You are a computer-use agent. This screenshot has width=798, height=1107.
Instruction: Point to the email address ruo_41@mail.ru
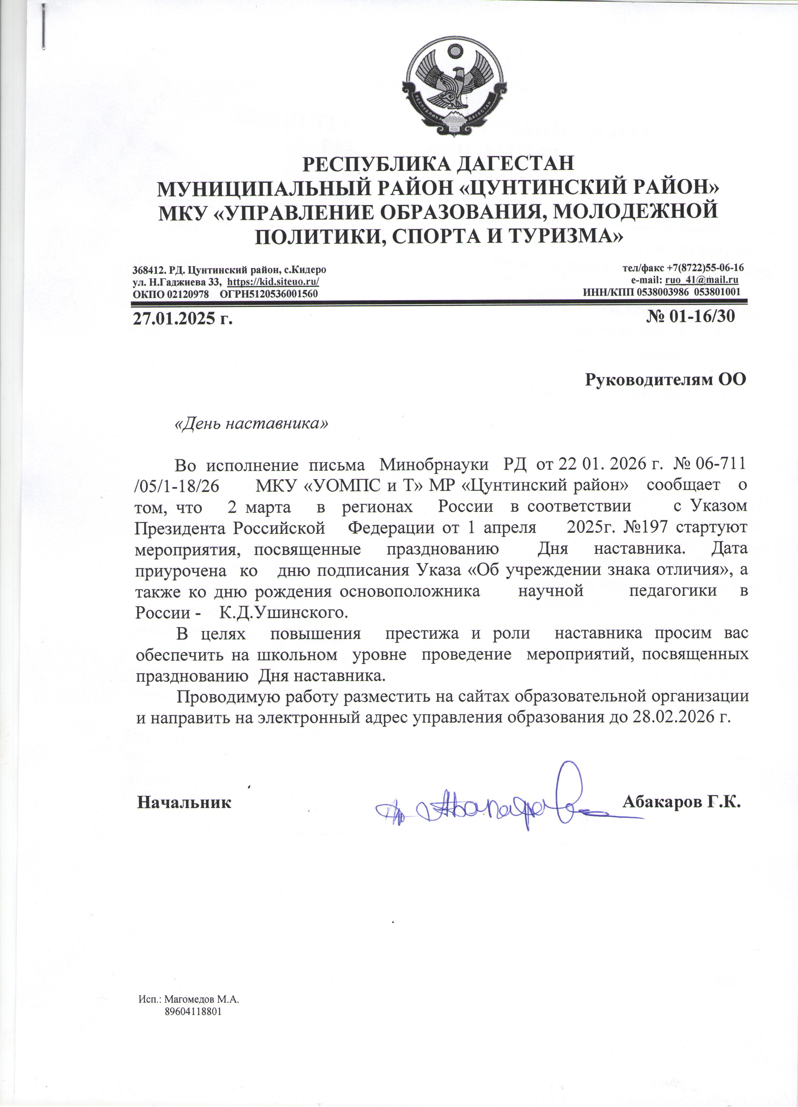(701, 280)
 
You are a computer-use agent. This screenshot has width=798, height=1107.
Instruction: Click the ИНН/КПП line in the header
(661, 292)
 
